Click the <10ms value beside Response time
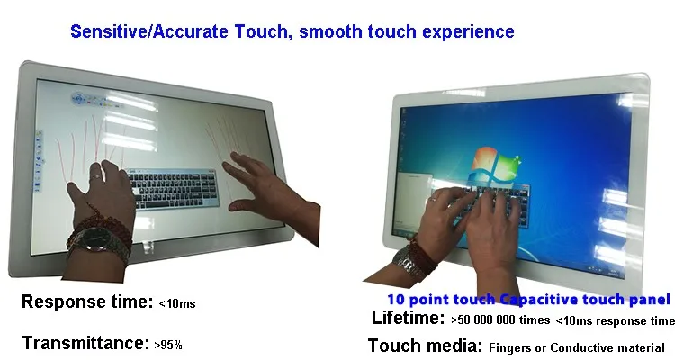pyautogui.click(x=177, y=303)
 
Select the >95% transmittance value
pyautogui.click(x=168, y=345)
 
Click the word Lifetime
pyautogui.click(x=408, y=318)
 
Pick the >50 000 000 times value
pyautogui.click(x=500, y=320)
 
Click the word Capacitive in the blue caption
pyautogui.click(x=548, y=300)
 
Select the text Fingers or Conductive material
pyautogui.click(x=577, y=347)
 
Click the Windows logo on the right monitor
pyautogui.click(x=495, y=166)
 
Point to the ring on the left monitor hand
pyautogui.click(x=97, y=176)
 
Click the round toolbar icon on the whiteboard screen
pyautogui.click(x=79, y=99)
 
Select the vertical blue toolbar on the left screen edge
pyautogui.click(x=39, y=161)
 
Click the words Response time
pyautogui.click(x=87, y=301)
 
